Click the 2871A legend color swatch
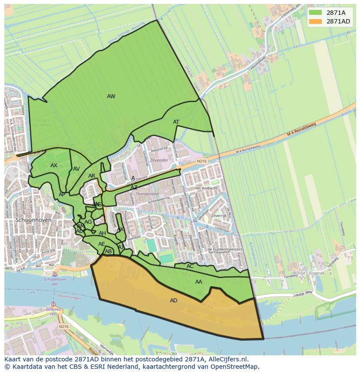pos(316,13)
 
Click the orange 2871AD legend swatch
pos(316,21)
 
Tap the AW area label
pos(111,96)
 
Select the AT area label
pos(176,122)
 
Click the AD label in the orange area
pos(173,301)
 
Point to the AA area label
pos(199,282)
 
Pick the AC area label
pos(190,266)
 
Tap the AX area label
pos(54,165)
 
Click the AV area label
pos(77,169)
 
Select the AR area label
pos(92,176)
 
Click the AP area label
pos(62,195)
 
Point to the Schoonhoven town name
pos(33,220)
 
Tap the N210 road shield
pos(201,161)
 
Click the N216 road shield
pos(63,326)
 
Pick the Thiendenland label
pos(147,194)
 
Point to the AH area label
pos(103,234)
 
